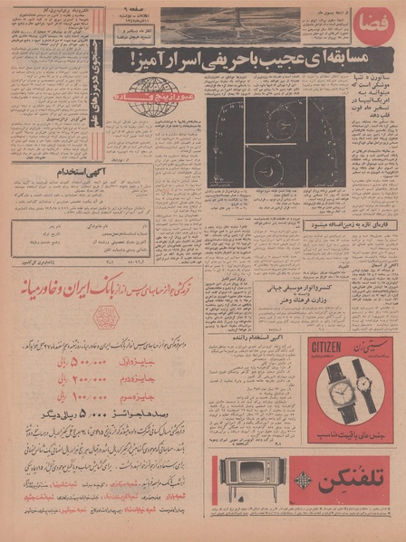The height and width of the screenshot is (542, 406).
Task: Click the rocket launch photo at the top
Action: [230, 26]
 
